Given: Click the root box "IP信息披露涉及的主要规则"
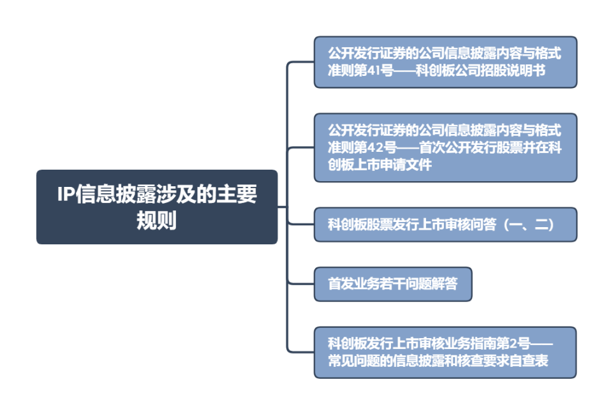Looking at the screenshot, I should pos(156,207).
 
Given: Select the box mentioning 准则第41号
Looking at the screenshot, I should pos(445,62).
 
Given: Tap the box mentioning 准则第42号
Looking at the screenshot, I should pos(445,147).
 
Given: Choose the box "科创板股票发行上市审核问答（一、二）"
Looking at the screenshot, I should pos(445,225).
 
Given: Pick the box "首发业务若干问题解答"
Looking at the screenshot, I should pos(392,284).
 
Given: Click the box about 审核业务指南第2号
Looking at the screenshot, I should pos(445,352).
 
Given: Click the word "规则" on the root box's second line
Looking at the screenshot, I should pos(156,220).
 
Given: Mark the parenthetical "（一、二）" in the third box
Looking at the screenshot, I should pos(529,225).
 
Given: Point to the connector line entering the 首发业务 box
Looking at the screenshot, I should pos(301,283).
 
